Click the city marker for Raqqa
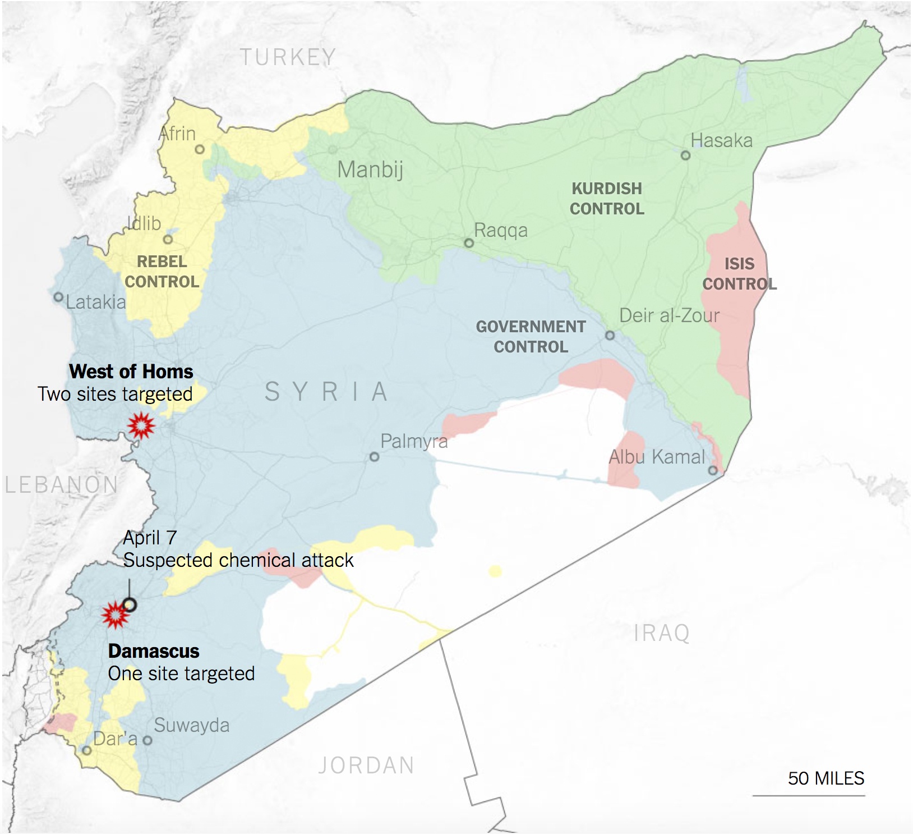(x=469, y=243)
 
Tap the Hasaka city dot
(x=685, y=155)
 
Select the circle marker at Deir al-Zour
(x=610, y=336)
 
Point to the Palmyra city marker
(x=374, y=457)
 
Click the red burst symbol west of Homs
(x=141, y=426)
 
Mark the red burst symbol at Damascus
(x=115, y=615)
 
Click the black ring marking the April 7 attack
(x=130, y=604)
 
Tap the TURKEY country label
(x=288, y=57)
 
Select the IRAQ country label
(x=661, y=633)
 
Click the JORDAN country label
(x=366, y=766)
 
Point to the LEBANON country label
(x=61, y=485)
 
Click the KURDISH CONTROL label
(x=607, y=199)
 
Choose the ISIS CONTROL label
(x=739, y=274)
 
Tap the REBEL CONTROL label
(x=162, y=272)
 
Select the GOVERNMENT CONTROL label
(x=531, y=337)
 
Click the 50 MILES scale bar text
(x=826, y=778)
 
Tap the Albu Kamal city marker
(x=712, y=470)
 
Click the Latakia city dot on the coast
(x=58, y=297)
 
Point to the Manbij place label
(x=370, y=169)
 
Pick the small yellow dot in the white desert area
(x=495, y=571)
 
